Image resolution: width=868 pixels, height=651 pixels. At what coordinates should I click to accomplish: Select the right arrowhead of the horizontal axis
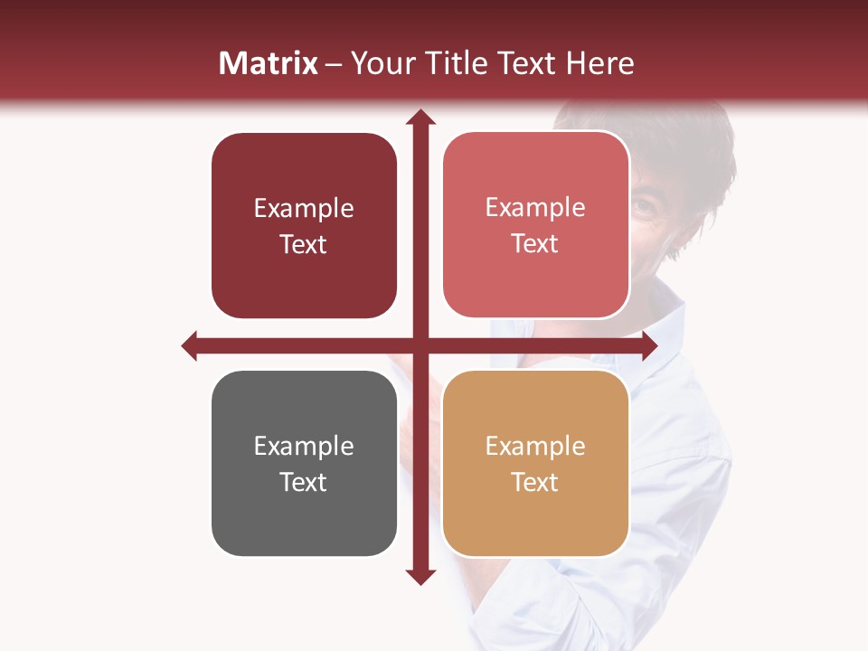[649, 345]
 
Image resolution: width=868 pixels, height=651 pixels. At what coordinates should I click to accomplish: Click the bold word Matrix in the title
[269, 63]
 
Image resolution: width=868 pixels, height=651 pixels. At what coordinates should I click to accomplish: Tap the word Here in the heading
[599, 63]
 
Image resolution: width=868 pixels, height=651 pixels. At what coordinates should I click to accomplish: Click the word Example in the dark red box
[304, 209]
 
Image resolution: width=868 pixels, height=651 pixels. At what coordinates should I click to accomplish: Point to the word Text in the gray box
[304, 482]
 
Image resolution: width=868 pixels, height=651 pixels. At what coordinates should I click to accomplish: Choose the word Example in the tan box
[535, 446]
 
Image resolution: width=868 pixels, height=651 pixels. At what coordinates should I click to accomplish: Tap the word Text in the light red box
[535, 244]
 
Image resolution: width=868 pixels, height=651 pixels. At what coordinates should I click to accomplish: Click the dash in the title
[334, 64]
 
